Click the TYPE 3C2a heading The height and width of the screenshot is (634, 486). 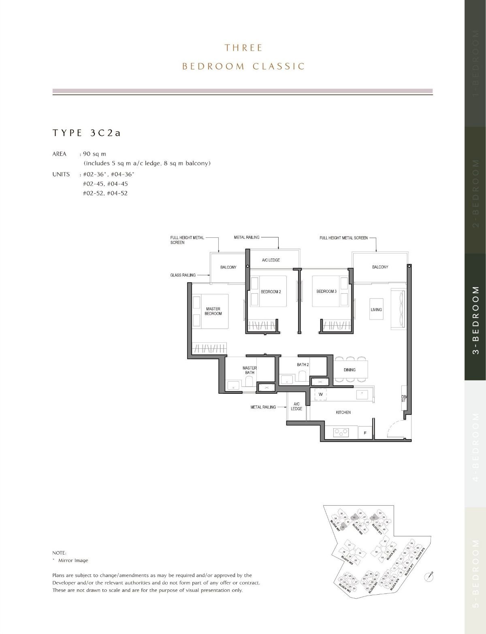point(87,133)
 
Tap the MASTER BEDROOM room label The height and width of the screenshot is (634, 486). point(213,311)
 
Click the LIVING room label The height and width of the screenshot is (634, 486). point(376,310)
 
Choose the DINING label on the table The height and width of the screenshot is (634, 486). point(350,370)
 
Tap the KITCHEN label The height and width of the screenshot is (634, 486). point(343,412)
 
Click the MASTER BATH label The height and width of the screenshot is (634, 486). point(249,370)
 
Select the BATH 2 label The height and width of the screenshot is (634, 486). point(303,365)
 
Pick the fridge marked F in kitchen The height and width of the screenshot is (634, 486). point(365,433)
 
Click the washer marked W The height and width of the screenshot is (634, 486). point(320,394)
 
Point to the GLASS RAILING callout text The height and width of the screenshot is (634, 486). point(183,275)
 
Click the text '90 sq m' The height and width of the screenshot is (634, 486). point(94,154)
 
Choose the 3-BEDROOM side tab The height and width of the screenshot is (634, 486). point(475,320)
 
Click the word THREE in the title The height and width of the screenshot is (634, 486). point(243,48)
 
